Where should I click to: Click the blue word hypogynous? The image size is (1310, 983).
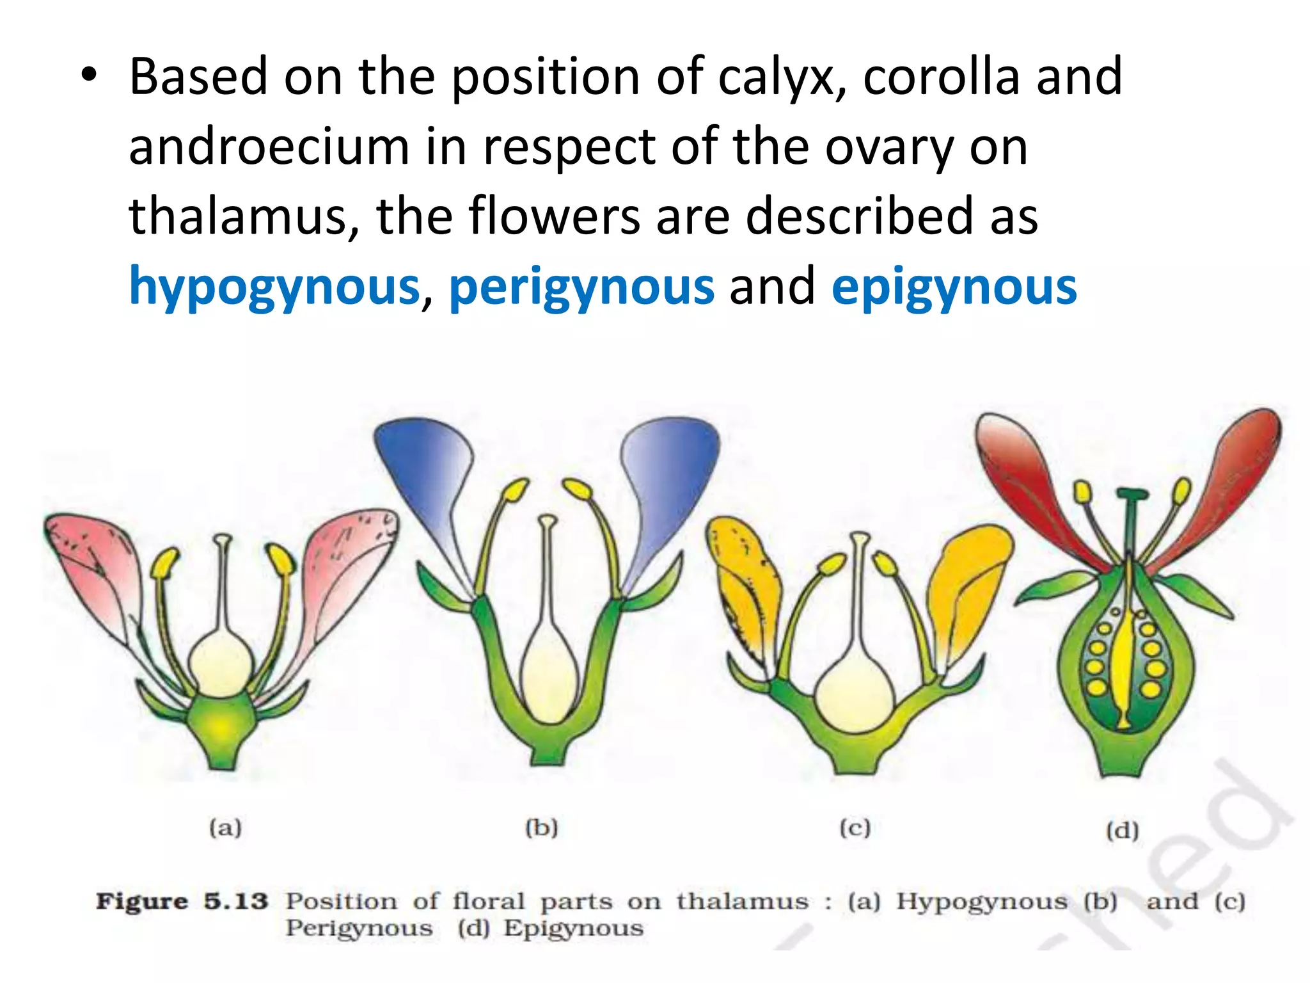click(274, 287)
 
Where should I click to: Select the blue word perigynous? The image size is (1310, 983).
click(581, 287)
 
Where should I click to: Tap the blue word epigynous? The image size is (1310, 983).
click(954, 287)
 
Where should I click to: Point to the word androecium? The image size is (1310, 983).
click(269, 147)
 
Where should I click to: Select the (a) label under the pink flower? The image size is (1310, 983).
click(225, 827)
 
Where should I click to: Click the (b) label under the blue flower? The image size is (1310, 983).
click(542, 827)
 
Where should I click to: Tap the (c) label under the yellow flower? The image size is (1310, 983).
click(855, 828)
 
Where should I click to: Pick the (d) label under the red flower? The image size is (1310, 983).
click(1123, 831)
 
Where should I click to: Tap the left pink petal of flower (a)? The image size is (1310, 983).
click(96, 563)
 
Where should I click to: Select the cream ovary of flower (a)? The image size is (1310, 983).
click(221, 662)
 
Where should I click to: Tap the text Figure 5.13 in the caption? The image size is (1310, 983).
click(182, 901)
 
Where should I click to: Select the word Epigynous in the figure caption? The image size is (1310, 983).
click(573, 928)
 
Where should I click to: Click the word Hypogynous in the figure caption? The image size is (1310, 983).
click(982, 901)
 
